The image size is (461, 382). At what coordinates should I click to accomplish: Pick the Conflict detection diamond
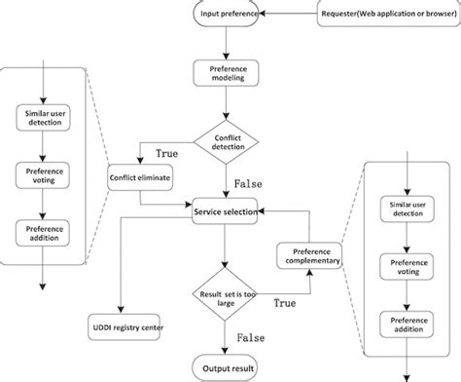click(226, 142)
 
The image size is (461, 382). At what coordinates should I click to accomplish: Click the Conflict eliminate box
click(139, 178)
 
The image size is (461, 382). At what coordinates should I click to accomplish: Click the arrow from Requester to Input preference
click(290, 14)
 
